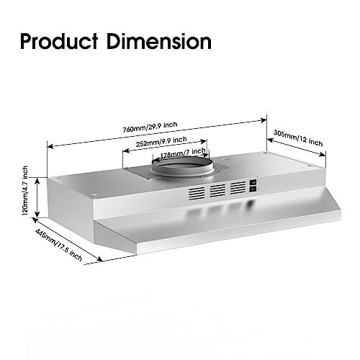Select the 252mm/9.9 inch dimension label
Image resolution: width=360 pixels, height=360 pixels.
[161, 142]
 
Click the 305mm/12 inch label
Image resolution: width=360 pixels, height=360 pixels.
[299, 138]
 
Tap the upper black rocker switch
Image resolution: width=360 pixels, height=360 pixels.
[253, 184]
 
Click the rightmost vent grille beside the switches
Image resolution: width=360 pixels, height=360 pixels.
[238, 189]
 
